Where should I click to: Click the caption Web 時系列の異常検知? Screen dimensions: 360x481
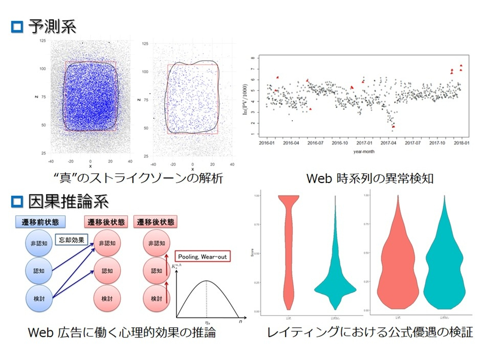pyautogui.click(x=363, y=178)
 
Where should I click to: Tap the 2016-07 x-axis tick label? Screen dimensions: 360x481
pyautogui.click(x=315, y=144)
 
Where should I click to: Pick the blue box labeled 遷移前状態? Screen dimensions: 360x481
pyautogui.click(x=40, y=222)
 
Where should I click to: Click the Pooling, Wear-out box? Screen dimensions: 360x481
pyautogui.click(x=203, y=256)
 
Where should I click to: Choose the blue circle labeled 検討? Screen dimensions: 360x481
pyautogui.click(x=39, y=298)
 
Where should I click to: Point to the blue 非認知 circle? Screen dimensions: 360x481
pyautogui.click(x=39, y=243)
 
